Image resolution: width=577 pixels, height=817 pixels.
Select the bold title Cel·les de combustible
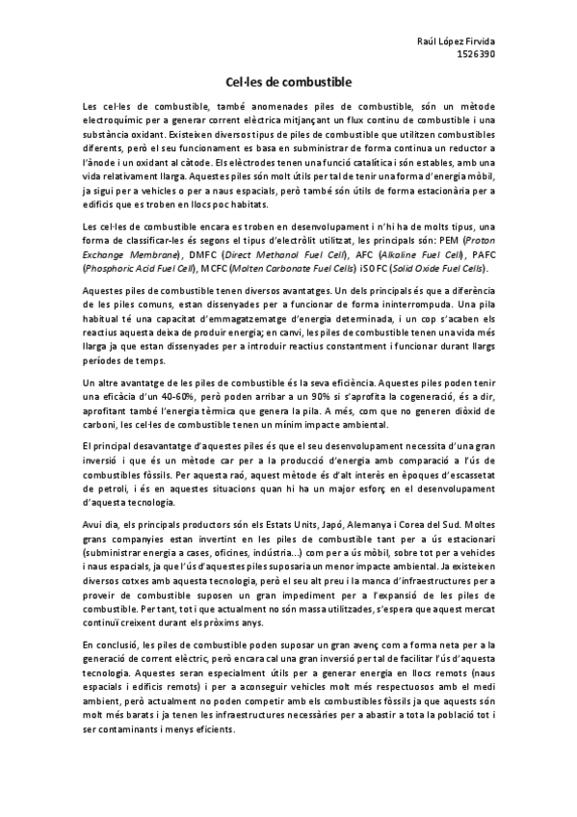288,83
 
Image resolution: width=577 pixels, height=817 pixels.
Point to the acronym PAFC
477,254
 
